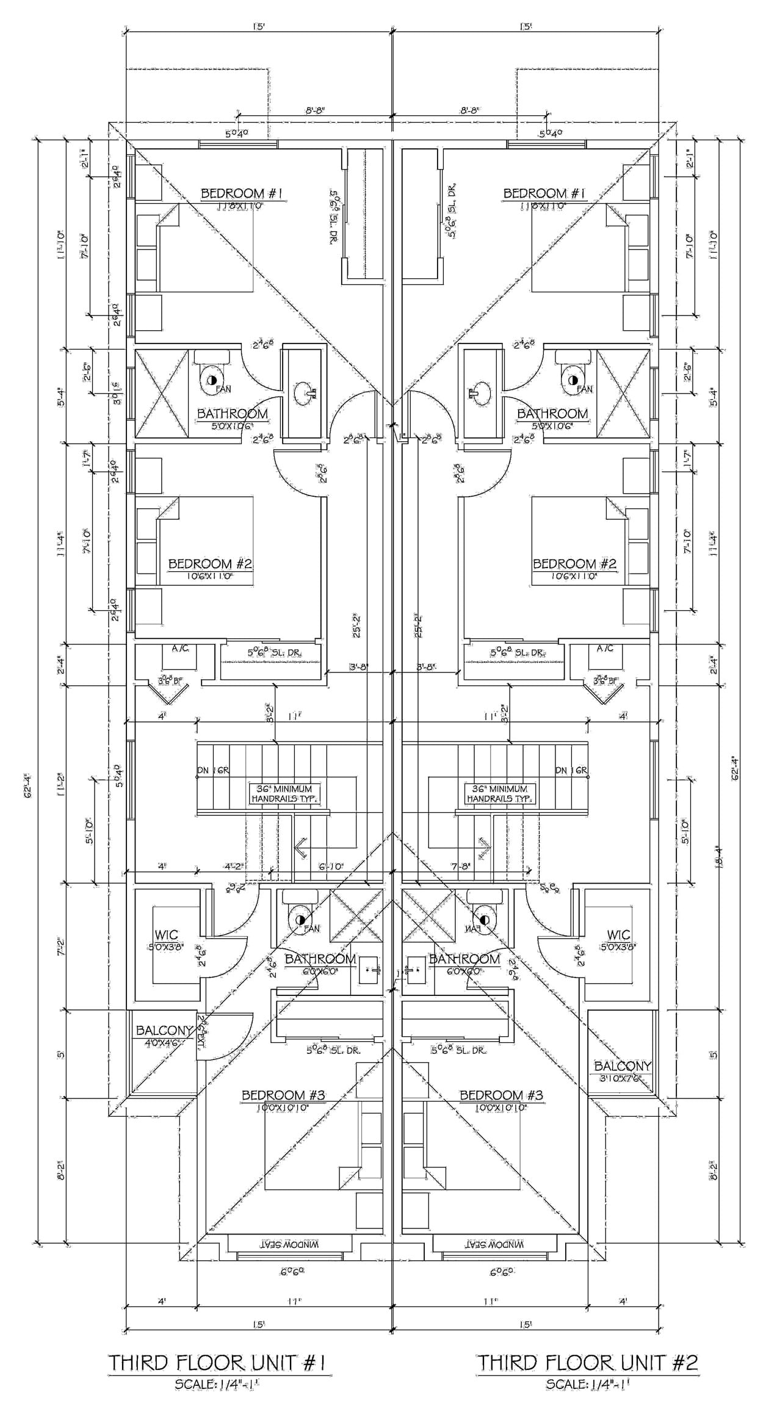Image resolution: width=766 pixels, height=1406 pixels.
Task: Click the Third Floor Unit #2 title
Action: pyautogui.click(x=588, y=1363)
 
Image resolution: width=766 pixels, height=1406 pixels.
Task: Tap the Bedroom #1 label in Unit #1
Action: pyautogui.click(x=242, y=194)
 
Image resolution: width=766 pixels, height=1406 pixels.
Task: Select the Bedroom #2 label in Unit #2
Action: pyautogui.click(x=574, y=563)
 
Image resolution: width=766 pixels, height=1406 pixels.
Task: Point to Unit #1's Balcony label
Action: pyautogui.click(x=164, y=1030)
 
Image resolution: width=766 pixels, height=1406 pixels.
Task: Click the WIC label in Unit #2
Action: pyautogui.click(x=618, y=935)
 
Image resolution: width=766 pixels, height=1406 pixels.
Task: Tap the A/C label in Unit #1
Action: pyautogui.click(x=179, y=649)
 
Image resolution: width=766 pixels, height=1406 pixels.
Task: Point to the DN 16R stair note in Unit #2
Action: pyautogui.click(x=571, y=771)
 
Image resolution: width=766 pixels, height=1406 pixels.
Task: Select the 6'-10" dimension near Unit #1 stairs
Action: pyautogui.click(x=331, y=866)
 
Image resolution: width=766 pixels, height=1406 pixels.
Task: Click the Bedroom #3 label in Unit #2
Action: pyautogui.click(x=500, y=1095)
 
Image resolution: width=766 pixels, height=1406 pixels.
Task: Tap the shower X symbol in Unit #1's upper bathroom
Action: pyautogui.click(x=161, y=392)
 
